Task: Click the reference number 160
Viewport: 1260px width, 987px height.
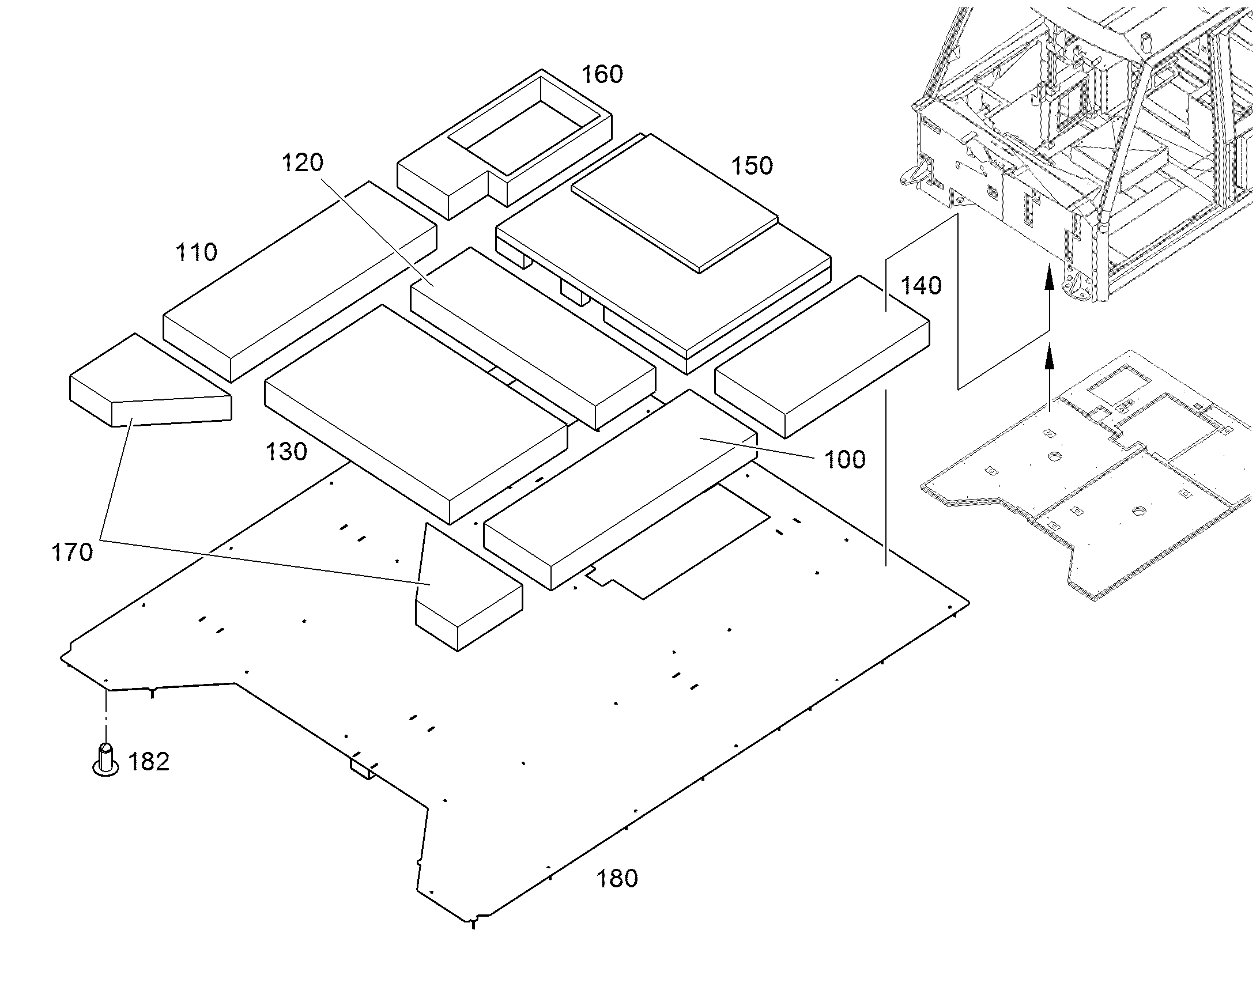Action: click(x=602, y=74)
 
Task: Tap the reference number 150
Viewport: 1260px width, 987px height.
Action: click(x=752, y=166)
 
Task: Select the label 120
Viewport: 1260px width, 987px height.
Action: click(x=302, y=162)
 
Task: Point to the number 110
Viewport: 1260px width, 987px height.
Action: click(x=197, y=252)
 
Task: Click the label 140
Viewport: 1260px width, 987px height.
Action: click(x=921, y=285)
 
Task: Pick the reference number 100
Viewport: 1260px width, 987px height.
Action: click(x=844, y=460)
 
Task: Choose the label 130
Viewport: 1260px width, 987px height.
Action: click(x=286, y=452)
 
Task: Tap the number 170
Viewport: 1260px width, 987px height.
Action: click(x=72, y=553)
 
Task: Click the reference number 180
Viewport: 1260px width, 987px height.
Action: click(x=617, y=879)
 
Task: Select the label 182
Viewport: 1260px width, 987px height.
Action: click(x=149, y=762)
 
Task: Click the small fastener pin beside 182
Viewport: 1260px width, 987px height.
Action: click(x=106, y=759)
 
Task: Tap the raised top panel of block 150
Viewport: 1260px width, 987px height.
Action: click(x=674, y=202)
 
